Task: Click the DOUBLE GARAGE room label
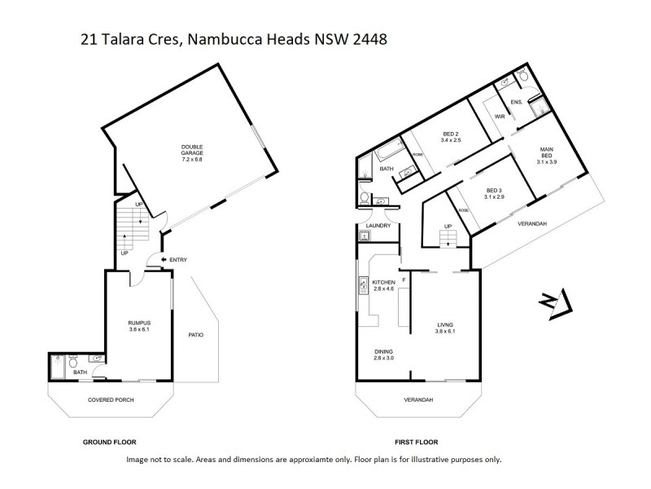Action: (192, 151)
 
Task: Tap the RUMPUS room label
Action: (140, 327)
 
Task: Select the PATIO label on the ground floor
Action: (195, 334)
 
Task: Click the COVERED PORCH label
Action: (111, 400)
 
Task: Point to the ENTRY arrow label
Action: (173, 260)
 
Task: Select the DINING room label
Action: (383, 354)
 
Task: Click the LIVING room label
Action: (445, 328)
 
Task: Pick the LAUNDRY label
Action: (378, 226)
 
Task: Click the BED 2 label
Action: (452, 137)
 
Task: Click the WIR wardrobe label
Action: (500, 117)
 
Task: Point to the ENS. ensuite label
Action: (516, 102)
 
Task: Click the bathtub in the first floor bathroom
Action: (386, 154)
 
